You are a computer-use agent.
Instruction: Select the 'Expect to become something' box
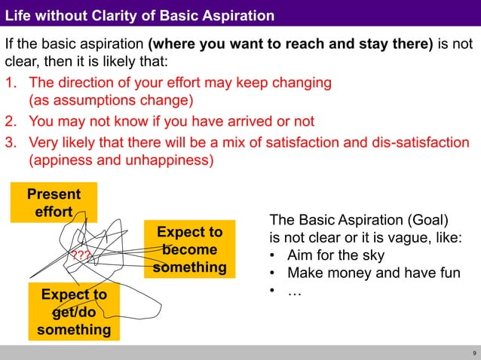(189, 249)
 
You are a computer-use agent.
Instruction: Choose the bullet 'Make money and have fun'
(373, 273)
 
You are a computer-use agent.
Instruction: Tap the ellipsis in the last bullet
(294, 291)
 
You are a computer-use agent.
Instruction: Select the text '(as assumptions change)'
(111, 100)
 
